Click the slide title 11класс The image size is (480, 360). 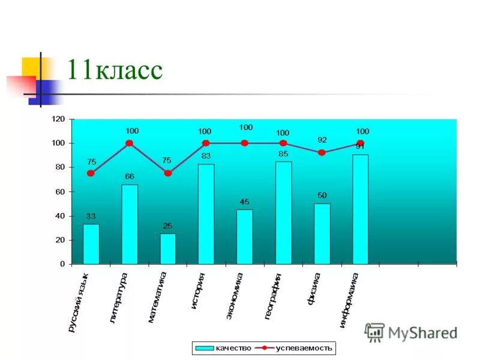click(114, 70)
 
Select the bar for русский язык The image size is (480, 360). click(91, 244)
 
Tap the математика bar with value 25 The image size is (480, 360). click(168, 248)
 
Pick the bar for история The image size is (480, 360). click(206, 214)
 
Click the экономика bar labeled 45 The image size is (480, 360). click(245, 236)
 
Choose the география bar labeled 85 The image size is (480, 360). click(283, 212)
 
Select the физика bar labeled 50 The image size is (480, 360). click(322, 233)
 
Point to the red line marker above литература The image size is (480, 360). click(129, 143)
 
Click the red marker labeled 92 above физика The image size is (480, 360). click(322, 153)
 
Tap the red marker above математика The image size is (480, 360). click(167, 173)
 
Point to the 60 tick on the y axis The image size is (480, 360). click(59, 192)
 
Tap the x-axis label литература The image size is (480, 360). click(119, 298)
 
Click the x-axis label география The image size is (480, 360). click(273, 296)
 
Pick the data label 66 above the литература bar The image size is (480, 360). click(130, 176)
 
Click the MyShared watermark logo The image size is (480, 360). click(411, 332)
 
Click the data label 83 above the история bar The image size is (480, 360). click(206, 156)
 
